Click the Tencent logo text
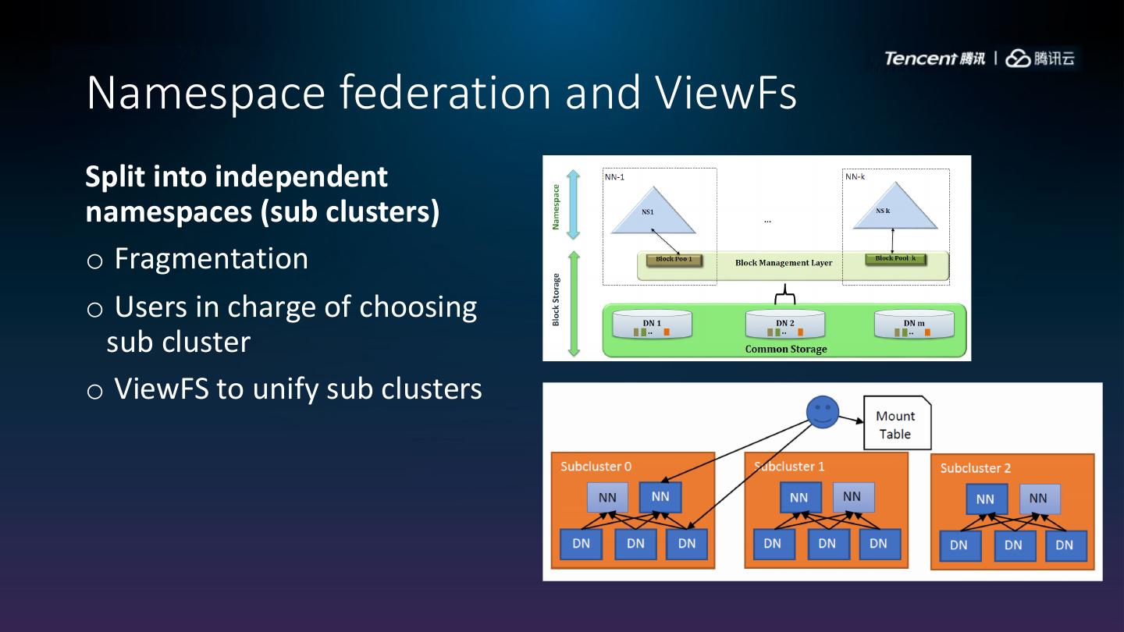tap(934, 59)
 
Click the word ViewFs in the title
tap(726, 92)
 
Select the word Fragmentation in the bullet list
tap(211, 259)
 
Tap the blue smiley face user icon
tap(822, 412)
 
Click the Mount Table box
tap(896, 425)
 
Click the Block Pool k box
tap(895, 259)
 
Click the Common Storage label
tap(785, 349)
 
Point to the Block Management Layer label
tap(783, 263)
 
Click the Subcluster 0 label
tap(596, 467)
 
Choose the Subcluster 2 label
tap(975, 468)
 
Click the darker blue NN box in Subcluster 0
tap(660, 496)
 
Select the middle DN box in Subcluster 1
tap(827, 544)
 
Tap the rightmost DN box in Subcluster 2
tap(1064, 545)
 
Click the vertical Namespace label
tap(557, 207)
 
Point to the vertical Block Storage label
tap(557, 299)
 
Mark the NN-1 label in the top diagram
tap(614, 177)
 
